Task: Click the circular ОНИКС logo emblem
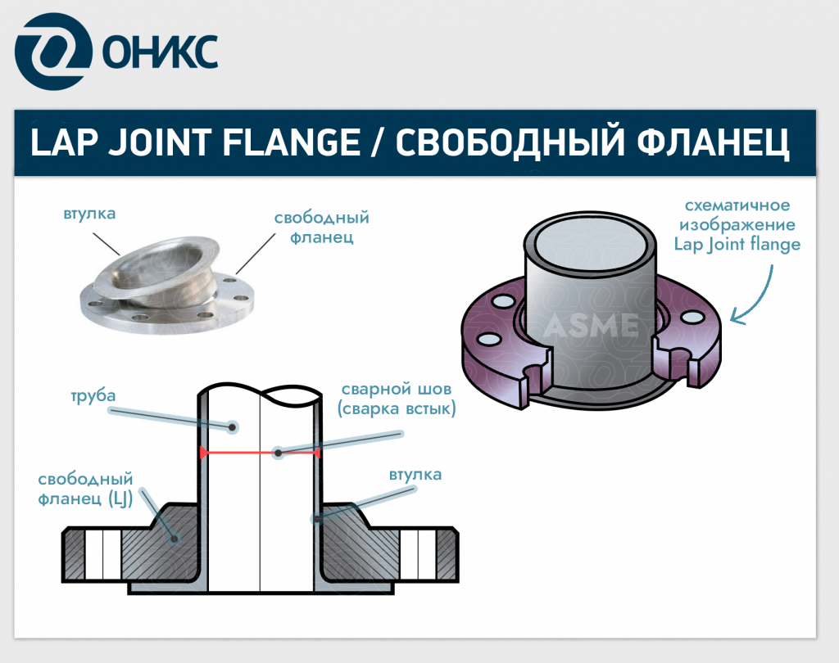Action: [53, 52]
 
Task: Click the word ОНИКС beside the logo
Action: [160, 52]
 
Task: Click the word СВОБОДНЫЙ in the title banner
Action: [510, 142]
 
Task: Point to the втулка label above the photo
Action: [89, 214]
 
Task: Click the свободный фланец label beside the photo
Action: [321, 227]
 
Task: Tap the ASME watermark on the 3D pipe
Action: [592, 326]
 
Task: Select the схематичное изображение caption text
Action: [737, 214]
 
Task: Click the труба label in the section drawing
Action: [93, 396]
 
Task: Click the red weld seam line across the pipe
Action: [260, 453]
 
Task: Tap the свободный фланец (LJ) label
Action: [85, 489]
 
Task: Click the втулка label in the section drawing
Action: [415, 475]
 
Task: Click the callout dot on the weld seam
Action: [279, 453]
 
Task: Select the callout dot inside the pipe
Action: [233, 426]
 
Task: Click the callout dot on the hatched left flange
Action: [174, 539]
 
